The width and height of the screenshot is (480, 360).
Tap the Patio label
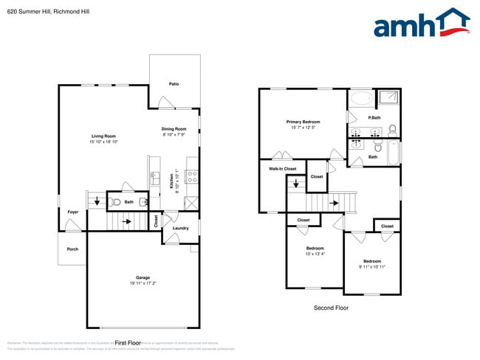(174, 83)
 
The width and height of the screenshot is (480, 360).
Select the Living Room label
(103, 136)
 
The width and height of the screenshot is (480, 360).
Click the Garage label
(142, 277)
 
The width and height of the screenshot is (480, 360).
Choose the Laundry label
(180, 228)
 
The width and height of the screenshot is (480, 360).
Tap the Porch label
(72, 249)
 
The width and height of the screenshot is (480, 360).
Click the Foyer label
(73, 212)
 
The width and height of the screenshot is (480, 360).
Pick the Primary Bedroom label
(303, 121)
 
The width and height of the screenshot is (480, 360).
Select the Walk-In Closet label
(282, 169)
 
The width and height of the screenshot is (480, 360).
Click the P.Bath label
(374, 118)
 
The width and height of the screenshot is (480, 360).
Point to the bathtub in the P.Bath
(362, 99)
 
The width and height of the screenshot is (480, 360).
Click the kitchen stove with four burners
(191, 176)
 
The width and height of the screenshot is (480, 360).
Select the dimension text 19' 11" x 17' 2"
(142, 283)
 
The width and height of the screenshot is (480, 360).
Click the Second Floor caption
(330, 308)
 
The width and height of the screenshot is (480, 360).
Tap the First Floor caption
(128, 343)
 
